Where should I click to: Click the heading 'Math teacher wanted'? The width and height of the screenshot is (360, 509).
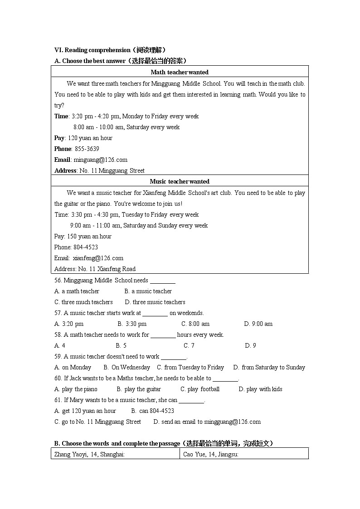tap(180, 72)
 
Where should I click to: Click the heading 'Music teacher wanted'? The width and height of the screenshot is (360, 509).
tap(180, 181)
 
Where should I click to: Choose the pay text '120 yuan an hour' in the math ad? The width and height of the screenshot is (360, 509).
tap(90, 138)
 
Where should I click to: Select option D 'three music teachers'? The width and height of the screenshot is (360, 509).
tap(155, 302)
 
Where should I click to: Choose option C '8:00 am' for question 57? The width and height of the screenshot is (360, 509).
tap(195, 324)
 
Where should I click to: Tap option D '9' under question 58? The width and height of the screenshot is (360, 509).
tap(251, 345)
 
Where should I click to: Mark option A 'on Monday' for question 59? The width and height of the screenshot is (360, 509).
tap(73, 367)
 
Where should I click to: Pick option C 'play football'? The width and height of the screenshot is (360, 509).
tap(200, 389)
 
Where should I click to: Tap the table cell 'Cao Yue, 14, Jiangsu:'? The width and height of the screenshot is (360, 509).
tap(211, 454)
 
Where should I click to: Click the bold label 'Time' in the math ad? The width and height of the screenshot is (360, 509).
tap(61, 116)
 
